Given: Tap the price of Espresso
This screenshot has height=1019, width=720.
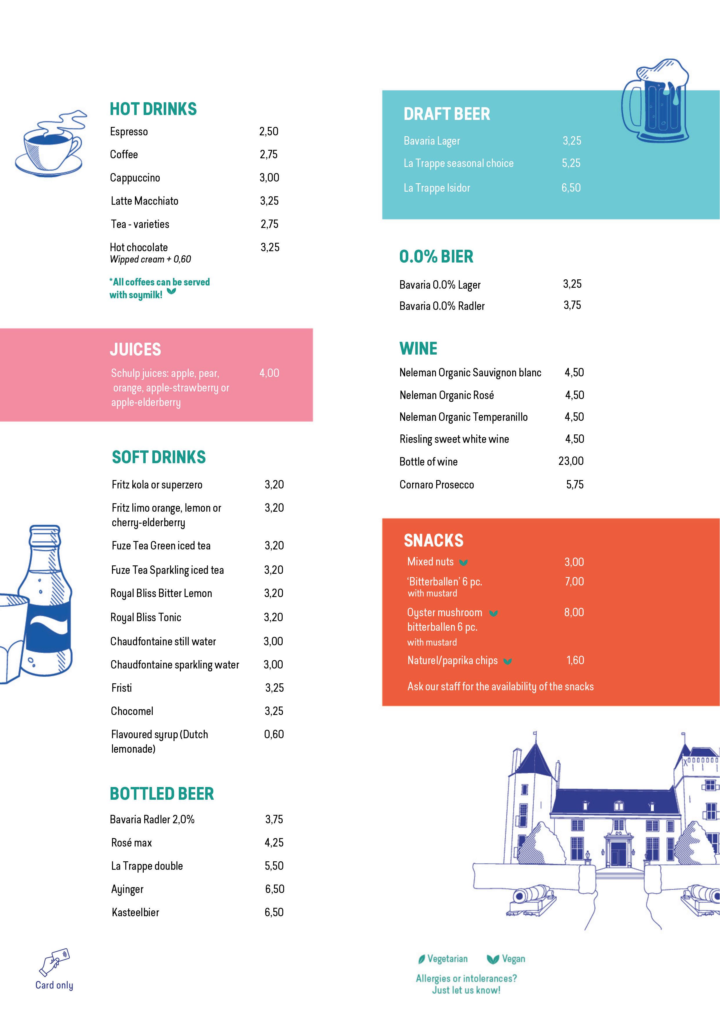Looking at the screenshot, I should [269, 131].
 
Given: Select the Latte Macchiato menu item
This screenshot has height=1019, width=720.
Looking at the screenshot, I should [145, 201].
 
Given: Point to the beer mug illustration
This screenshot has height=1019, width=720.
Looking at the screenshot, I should [655, 101].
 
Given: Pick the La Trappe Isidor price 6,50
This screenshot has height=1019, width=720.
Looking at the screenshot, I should [571, 188].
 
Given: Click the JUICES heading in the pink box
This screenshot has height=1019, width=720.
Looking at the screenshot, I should [135, 350].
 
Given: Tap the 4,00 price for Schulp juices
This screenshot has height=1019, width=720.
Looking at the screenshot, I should [269, 373].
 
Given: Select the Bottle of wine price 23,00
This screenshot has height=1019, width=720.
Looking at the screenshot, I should [571, 461].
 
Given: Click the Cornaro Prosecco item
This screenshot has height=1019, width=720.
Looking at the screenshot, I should [436, 485].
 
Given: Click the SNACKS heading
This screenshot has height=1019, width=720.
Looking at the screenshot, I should [433, 540].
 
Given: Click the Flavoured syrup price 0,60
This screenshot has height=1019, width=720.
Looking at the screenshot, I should [274, 734].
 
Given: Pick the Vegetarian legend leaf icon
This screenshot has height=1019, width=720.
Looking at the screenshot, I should [421, 959].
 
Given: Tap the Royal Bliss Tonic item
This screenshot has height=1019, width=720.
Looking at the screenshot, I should [146, 618].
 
